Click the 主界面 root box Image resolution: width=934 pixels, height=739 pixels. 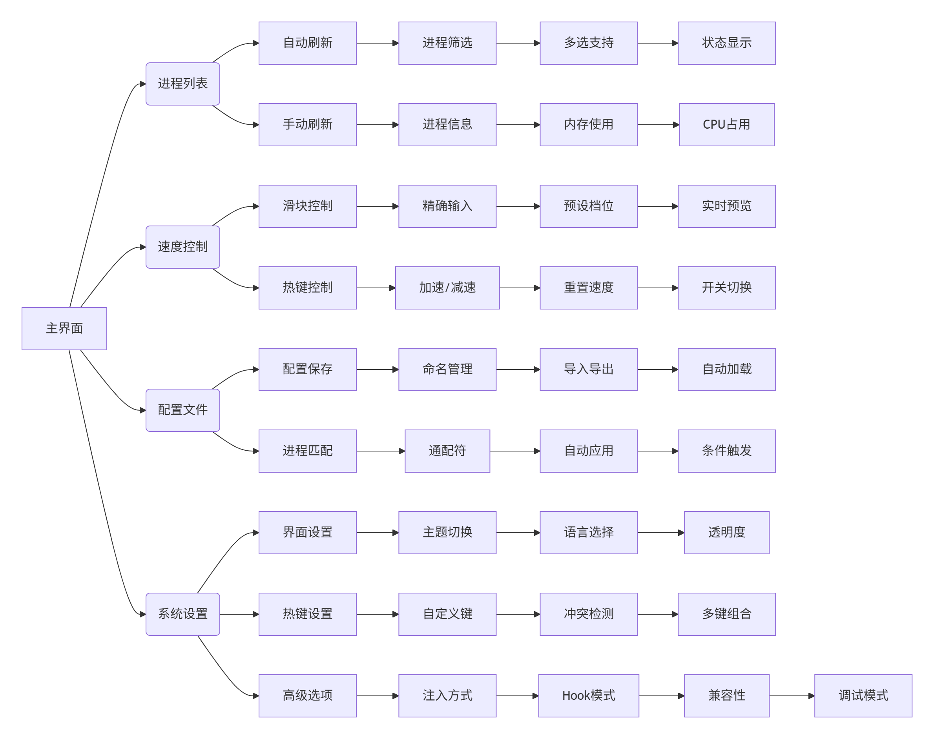[64, 328]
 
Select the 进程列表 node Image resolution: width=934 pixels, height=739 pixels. [182, 84]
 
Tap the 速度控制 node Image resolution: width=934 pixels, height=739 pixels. [182, 247]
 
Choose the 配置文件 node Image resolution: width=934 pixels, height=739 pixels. [182, 410]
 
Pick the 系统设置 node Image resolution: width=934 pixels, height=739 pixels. [182, 613]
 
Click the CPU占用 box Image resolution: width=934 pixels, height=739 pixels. [726, 125]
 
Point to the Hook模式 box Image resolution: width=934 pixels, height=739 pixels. [588, 695]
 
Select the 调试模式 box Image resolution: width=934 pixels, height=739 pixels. [863, 695]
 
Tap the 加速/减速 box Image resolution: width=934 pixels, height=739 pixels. [447, 288]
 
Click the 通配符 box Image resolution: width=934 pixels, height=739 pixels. [447, 451]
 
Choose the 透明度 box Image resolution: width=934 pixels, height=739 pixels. [726, 532]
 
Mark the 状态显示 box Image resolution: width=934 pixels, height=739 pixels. [726, 43]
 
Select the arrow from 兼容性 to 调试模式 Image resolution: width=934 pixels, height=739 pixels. [791, 696]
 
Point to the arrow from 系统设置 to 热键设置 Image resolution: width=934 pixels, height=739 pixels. [239, 614]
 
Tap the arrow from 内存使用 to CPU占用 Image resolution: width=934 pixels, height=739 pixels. [658, 125]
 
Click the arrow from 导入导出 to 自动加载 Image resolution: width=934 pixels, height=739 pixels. [657, 369]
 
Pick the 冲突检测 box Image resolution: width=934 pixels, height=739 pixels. [588, 613]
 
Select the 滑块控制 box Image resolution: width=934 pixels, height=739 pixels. [307, 206]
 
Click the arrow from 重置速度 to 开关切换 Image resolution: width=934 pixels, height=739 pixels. [657, 288]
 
